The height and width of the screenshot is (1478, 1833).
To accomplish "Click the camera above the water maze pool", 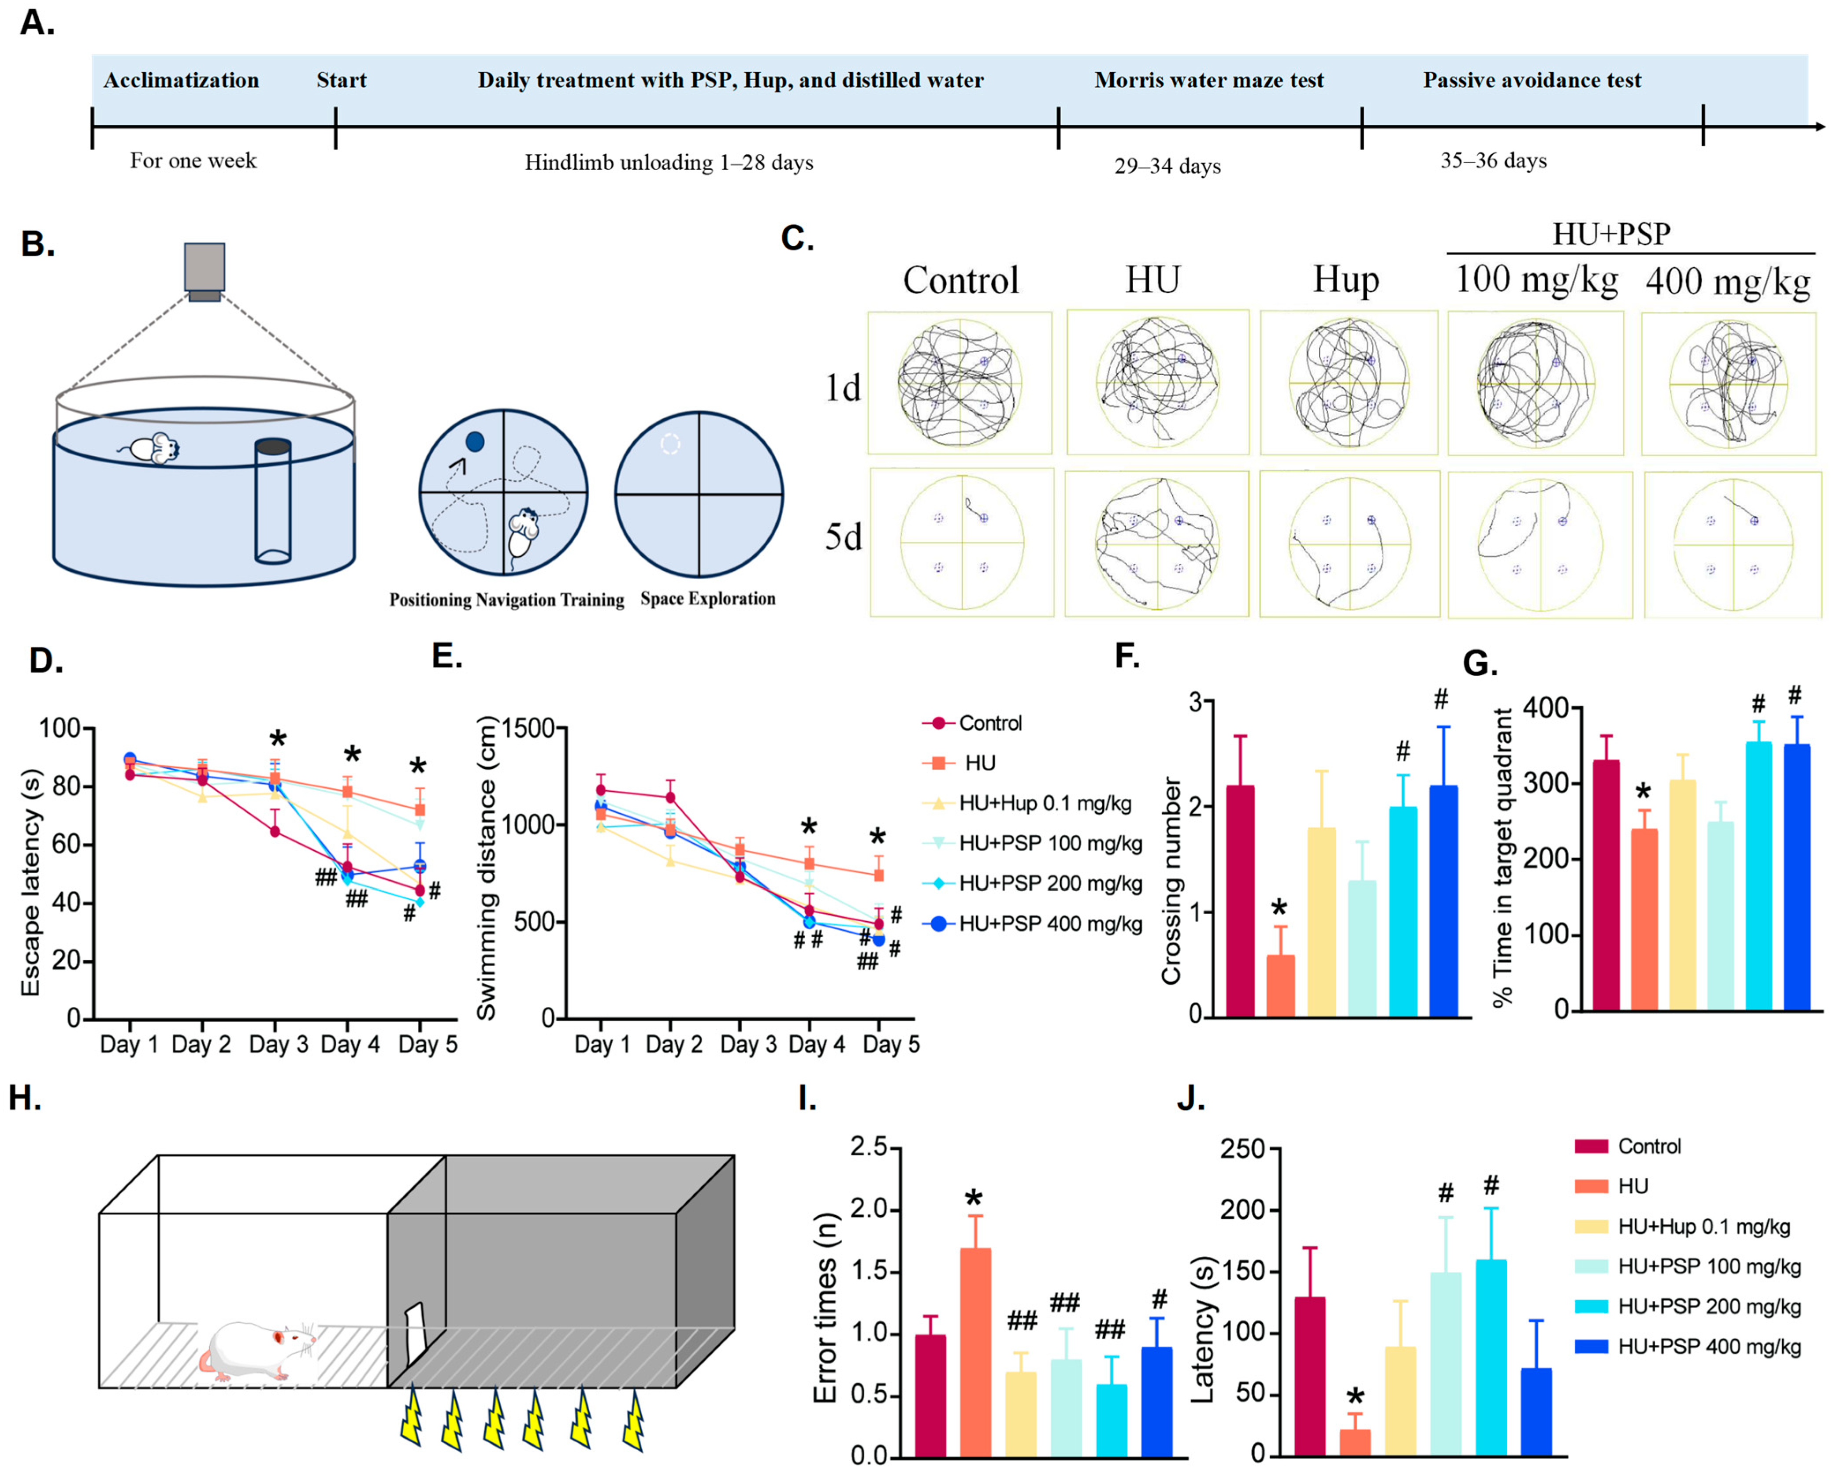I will coord(204,271).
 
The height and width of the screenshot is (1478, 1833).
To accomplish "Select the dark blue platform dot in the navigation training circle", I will coord(475,441).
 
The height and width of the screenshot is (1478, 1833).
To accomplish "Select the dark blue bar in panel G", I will coord(1796,877).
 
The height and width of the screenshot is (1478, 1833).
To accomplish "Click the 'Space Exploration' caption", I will coord(707,599).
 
